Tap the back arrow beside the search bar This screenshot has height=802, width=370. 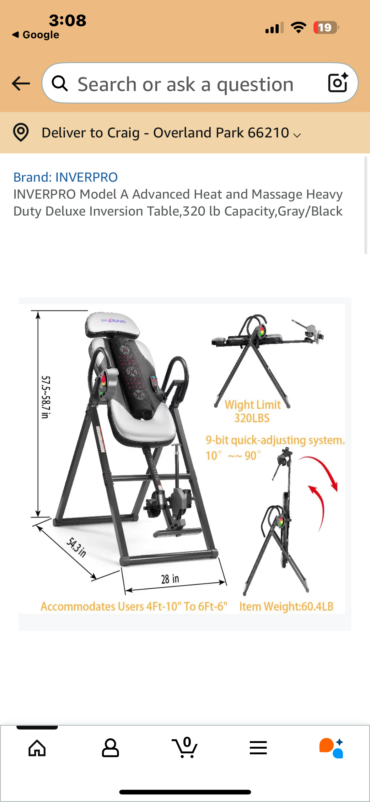21,83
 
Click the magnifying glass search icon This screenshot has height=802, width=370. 60,83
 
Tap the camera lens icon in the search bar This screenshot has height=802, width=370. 338,83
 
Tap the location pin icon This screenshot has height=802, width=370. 21,132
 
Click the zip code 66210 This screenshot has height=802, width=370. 268,133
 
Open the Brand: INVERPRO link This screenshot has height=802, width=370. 66,177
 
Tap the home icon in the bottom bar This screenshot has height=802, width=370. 37,748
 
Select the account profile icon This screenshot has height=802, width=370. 110,748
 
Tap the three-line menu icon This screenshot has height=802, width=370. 258,748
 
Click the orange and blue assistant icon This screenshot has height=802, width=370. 331,748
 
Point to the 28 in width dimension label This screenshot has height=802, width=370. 170,579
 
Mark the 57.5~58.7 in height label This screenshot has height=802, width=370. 46,397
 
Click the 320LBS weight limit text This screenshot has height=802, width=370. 252,418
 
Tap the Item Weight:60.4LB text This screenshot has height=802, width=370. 286,607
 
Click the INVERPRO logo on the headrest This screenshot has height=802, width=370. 113,321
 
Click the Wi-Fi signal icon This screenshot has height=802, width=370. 299,28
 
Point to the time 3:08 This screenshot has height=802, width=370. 67,21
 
